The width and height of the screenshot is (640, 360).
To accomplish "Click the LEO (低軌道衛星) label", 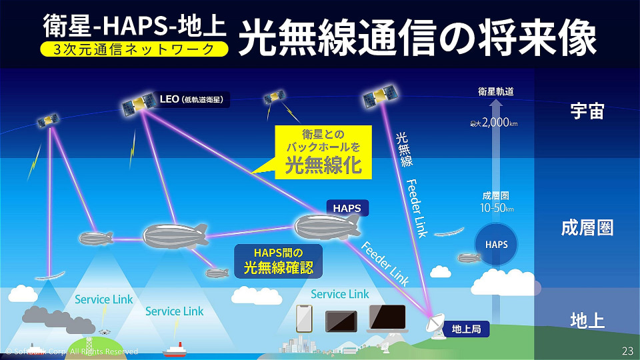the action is (x=192, y=99).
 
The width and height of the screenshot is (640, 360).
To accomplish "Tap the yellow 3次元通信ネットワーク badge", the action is (x=134, y=49).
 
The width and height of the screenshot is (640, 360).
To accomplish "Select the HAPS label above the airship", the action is (x=347, y=208).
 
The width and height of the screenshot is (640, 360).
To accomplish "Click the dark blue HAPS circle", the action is (x=496, y=244).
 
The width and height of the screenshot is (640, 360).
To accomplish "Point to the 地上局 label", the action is (x=466, y=329).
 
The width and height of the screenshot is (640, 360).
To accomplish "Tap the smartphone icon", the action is (x=304, y=319).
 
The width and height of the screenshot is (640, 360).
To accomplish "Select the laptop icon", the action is (x=387, y=319).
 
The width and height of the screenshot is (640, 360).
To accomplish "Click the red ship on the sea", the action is (x=174, y=350).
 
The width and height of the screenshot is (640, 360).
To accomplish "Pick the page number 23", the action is (x=627, y=351).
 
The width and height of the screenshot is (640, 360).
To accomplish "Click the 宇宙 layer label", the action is (x=587, y=111).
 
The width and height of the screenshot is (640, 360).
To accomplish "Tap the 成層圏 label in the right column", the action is (x=587, y=228).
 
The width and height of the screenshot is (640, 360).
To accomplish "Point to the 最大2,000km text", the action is (x=494, y=123).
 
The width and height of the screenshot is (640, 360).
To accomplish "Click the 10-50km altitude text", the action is (x=497, y=208).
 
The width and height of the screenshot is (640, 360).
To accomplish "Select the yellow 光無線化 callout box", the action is (x=323, y=152).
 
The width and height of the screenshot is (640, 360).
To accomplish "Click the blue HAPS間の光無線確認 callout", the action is (x=279, y=261).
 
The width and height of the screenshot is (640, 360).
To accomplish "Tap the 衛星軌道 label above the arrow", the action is (x=496, y=91).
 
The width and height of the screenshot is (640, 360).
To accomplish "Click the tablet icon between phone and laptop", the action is (x=341, y=321).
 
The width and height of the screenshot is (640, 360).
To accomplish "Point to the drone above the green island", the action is (x=105, y=331).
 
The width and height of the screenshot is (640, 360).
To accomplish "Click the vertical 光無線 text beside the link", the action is (x=404, y=149).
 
